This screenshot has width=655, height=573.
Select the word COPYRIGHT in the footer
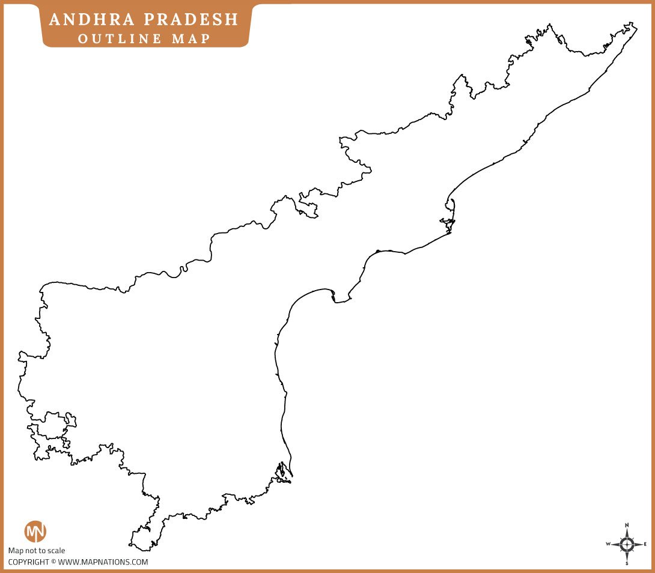(28, 562)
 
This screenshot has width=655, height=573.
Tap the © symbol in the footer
(53, 562)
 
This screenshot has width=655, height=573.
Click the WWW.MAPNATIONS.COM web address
(103, 562)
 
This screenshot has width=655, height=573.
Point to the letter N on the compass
(627, 524)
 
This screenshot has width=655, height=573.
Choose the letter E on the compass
(645, 544)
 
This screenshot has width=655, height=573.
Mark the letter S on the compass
(627, 564)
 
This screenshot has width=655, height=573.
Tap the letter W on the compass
(608, 544)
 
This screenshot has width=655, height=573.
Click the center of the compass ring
(627, 544)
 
